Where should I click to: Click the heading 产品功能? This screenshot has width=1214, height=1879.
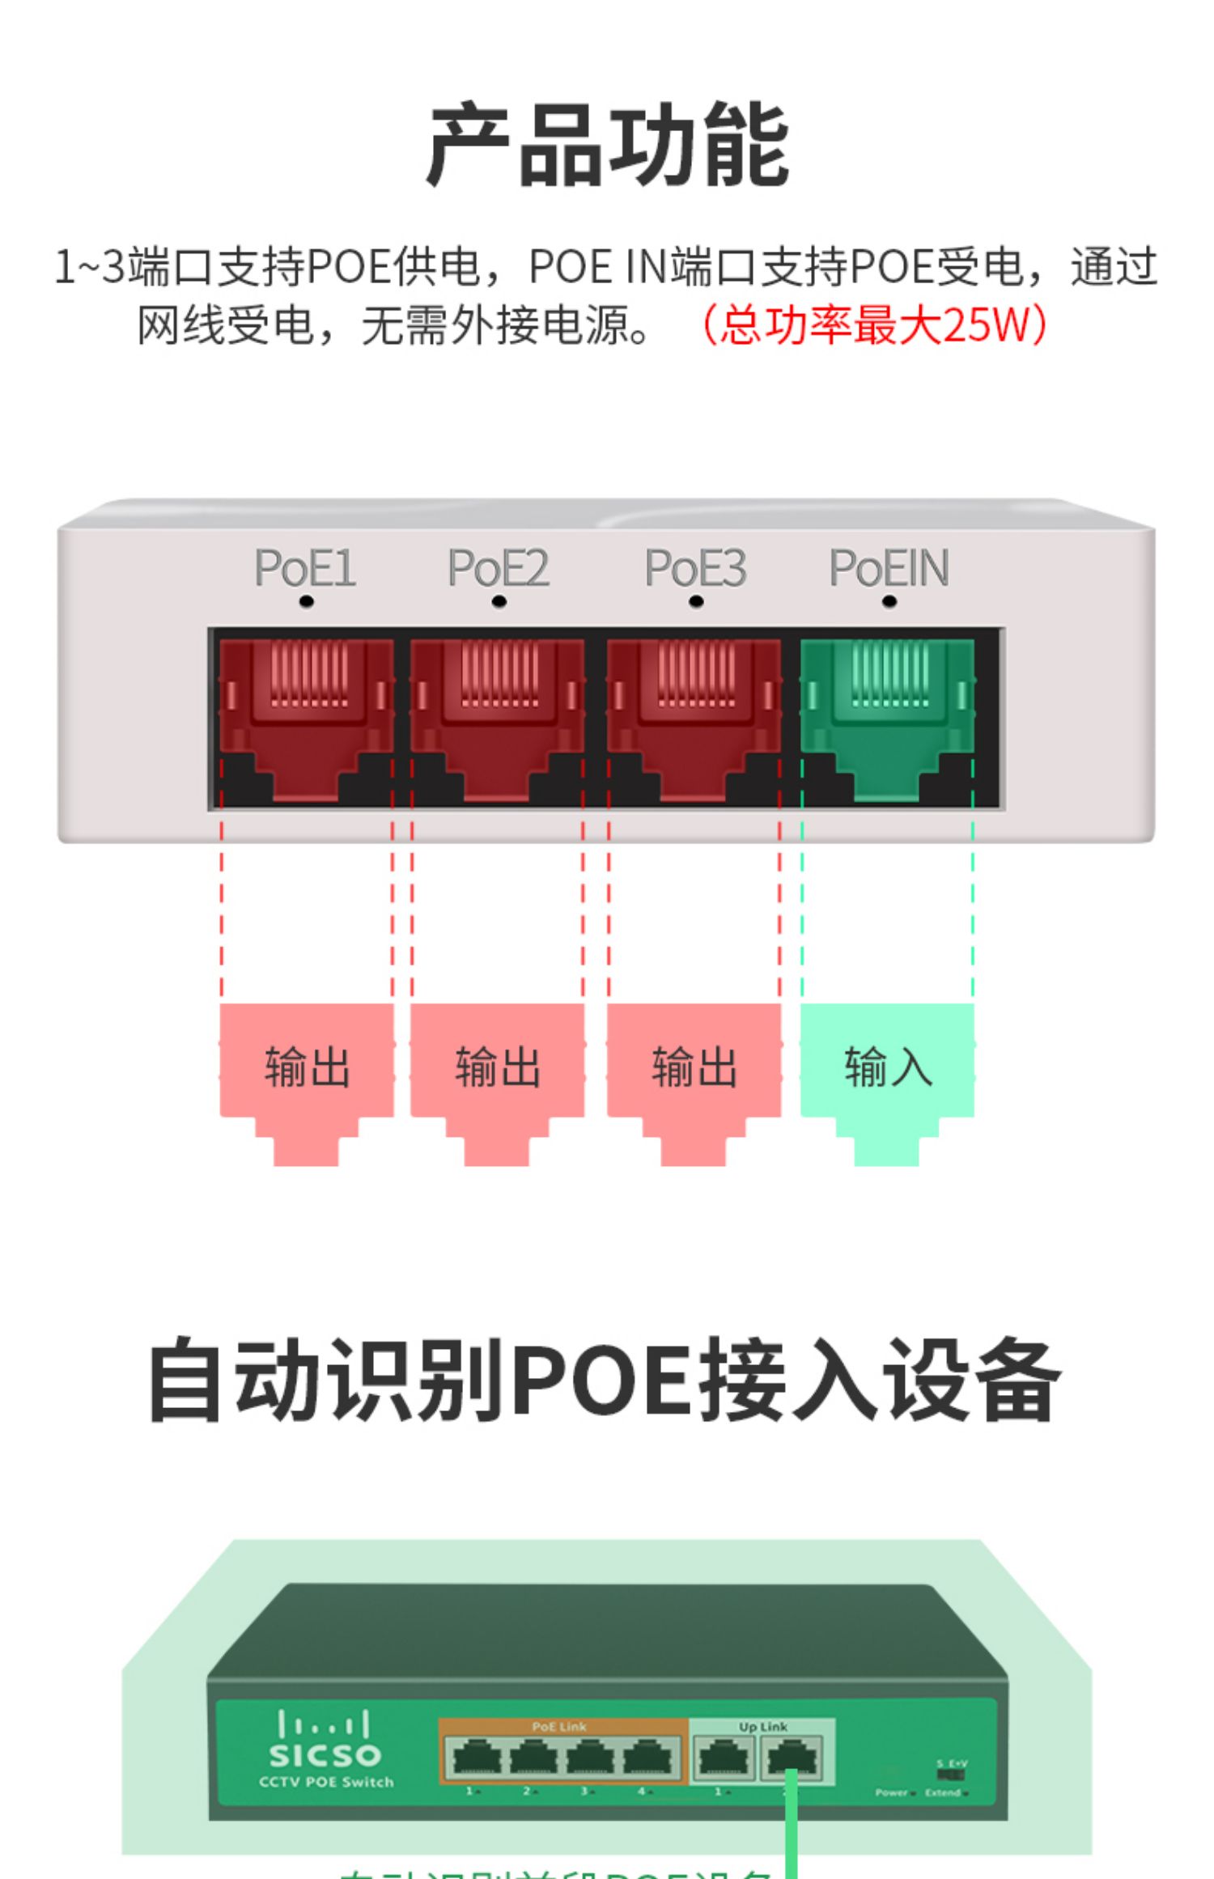tap(607, 146)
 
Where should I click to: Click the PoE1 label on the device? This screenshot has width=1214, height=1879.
tap(305, 568)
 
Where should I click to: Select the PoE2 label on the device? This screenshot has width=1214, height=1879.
tap(499, 568)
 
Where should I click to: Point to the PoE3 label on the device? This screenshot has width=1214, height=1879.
tap(695, 568)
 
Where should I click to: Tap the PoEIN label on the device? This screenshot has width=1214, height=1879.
tap(889, 568)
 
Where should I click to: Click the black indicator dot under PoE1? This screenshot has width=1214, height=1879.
tap(306, 601)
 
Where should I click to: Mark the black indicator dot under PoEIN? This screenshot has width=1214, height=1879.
tap(889, 601)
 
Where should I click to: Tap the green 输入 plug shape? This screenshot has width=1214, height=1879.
tap(888, 1068)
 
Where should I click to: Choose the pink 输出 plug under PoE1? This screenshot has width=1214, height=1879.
tap(307, 1068)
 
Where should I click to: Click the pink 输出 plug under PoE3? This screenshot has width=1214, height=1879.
tap(694, 1068)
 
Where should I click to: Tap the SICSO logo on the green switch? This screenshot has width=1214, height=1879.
tap(325, 1754)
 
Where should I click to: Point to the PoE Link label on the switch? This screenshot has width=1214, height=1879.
tap(559, 1726)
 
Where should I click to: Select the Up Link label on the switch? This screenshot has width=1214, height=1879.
tap(762, 1726)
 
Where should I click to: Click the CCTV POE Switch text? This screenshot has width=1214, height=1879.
tap(326, 1781)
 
